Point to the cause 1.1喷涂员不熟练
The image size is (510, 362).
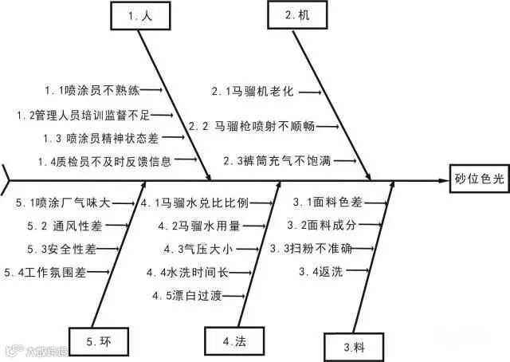tap(91, 89)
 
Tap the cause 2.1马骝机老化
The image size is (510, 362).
tap(253, 92)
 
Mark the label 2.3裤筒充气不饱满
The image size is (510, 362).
tap(277, 160)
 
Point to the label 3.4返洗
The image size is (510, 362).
tap(321, 271)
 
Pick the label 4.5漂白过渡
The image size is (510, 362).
tap(188, 295)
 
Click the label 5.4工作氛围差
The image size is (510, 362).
tap(45, 272)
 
